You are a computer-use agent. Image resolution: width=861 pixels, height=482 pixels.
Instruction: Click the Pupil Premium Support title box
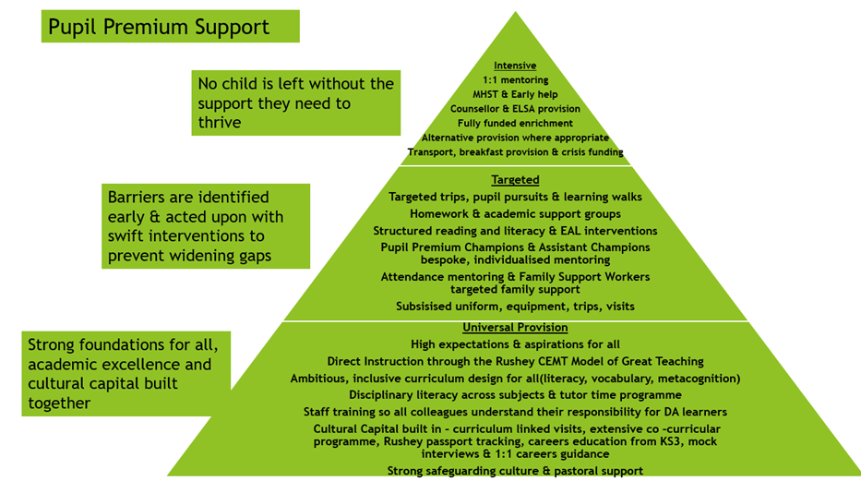pyautogui.click(x=170, y=27)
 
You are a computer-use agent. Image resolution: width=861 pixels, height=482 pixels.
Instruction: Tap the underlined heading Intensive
pyautogui.click(x=515, y=66)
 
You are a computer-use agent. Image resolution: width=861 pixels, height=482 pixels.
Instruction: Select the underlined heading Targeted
pyautogui.click(x=515, y=180)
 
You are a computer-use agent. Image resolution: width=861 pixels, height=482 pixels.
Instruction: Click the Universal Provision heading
pyautogui.click(x=515, y=328)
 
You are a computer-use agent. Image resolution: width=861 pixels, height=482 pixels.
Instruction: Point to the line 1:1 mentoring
pyautogui.click(x=515, y=80)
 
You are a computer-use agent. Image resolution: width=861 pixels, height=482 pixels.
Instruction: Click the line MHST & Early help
pyautogui.click(x=515, y=94)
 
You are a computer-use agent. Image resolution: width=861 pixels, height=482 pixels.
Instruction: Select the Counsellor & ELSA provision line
pyautogui.click(x=515, y=109)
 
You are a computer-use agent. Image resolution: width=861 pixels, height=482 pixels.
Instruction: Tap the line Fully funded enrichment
pyautogui.click(x=515, y=123)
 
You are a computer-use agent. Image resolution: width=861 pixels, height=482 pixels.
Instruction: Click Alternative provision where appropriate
pyautogui.click(x=515, y=138)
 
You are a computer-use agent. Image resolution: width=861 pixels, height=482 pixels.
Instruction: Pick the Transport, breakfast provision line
pyautogui.click(x=515, y=151)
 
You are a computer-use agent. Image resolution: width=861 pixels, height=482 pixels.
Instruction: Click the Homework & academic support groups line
pyautogui.click(x=515, y=214)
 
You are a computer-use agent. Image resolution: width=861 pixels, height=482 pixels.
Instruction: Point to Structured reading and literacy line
pyautogui.click(x=515, y=231)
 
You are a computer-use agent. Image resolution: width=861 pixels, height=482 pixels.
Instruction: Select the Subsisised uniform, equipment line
pyautogui.click(x=515, y=306)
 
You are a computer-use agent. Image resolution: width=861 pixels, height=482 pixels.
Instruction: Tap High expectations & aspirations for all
pyautogui.click(x=515, y=344)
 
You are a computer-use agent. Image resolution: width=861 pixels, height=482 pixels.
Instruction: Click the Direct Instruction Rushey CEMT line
pyautogui.click(x=515, y=361)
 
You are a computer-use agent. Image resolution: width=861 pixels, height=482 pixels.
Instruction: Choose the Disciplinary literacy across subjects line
pyautogui.click(x=515, y=394)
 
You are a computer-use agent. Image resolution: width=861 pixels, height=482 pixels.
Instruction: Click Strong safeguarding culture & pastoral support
pyautogui.click(x=515, y=471)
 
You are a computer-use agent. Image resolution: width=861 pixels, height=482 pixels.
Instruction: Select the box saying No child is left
pyautogui.click(x=296, y=102)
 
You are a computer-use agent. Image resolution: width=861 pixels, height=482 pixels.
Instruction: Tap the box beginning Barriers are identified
pyautogui.click(x=206, y=225)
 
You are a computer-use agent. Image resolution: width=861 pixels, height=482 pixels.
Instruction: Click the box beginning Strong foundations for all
pyautogui.click(x=124, y=373)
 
